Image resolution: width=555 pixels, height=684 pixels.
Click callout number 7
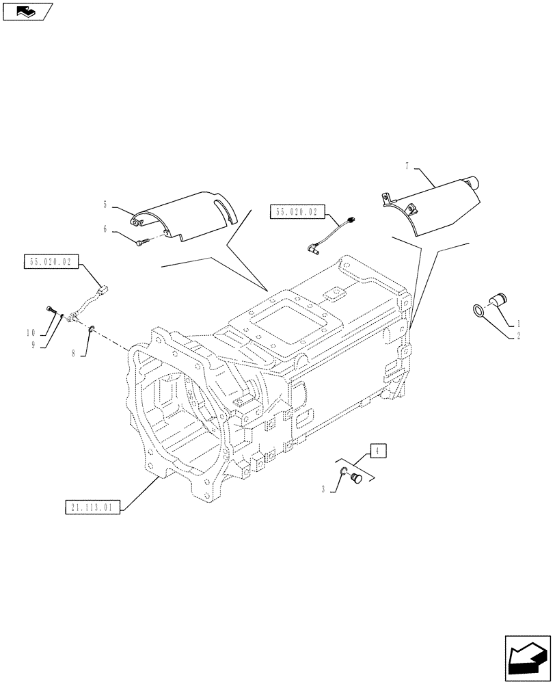point(407,166)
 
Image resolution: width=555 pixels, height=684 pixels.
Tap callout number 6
point(105,230)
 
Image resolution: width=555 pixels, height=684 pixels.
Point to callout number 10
point(31,332)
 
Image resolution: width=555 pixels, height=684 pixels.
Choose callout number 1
point(518,322)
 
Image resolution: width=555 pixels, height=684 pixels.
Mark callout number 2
point(518,336)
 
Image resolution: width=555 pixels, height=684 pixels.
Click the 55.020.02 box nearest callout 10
point(52,261)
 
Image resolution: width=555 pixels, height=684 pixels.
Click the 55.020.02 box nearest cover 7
point(297,212)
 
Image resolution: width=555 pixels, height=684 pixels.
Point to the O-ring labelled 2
point(478,311)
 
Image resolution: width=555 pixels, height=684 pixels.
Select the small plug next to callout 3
point(354,481)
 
